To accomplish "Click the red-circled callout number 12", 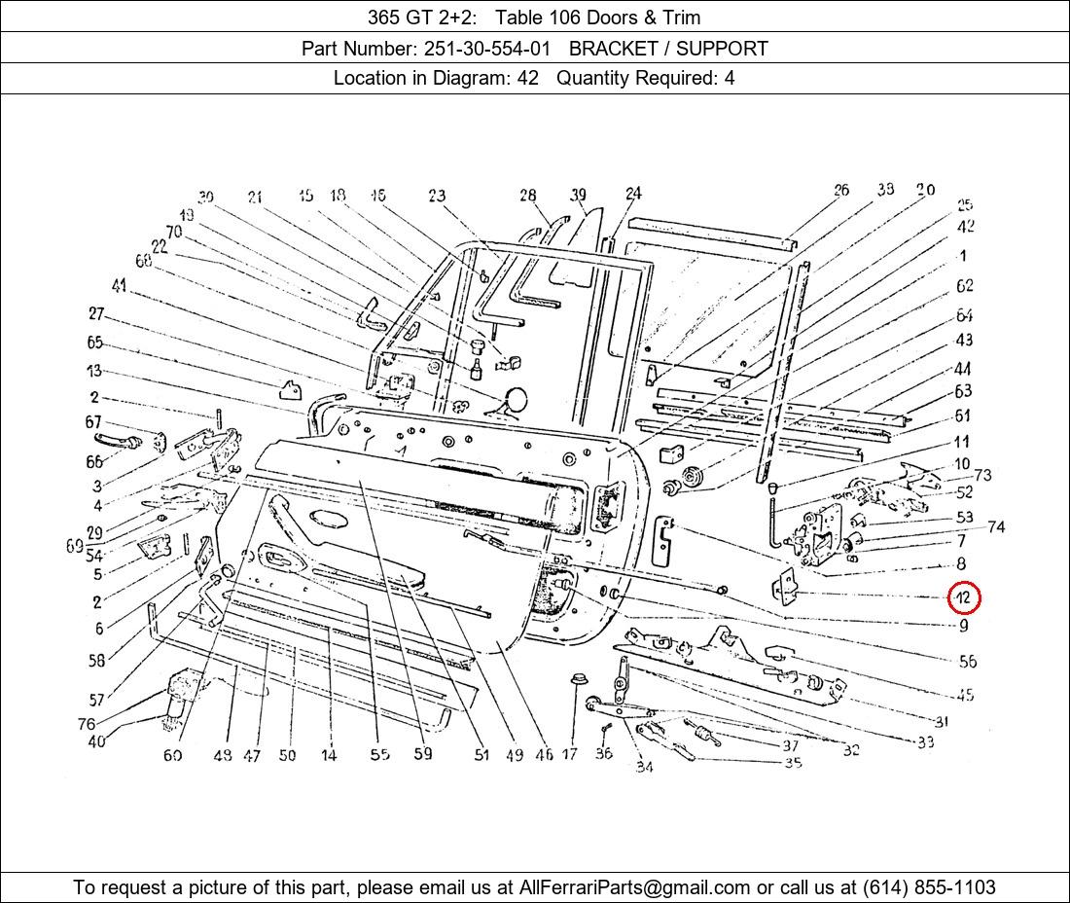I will tap(963, 597).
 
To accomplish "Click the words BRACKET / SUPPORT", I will tap(668, 49).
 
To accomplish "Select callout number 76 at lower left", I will tap(88, 724).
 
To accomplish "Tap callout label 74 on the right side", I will tap(995, 526).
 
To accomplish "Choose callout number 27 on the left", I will tap(95, 314).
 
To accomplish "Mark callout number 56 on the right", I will tap(967, 662).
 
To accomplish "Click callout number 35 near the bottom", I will tap(793, 763).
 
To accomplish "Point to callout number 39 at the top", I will tap(579, 196).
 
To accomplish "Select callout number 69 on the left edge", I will tap(74, 547).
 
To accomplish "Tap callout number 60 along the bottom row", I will tap(172, 755).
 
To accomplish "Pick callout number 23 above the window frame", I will tap(437, 197).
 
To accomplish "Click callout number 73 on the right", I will tap(982, 475).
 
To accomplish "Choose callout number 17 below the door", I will tap(570, 754).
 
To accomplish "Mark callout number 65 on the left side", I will tap(94, 343).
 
